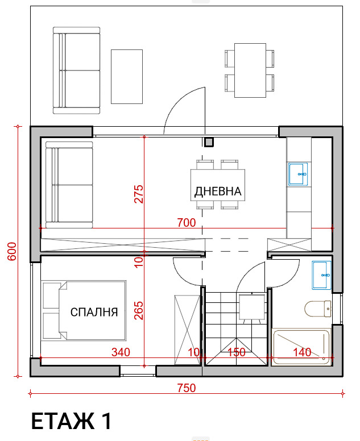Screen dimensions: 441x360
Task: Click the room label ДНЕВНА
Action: click(x=218, y=192)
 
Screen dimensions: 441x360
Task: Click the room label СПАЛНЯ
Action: click(x=94, y=311)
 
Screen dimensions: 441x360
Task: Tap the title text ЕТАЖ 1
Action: click(x=71, y=421)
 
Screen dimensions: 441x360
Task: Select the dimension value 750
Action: click(x=186, y=388)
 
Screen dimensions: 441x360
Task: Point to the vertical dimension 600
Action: click(x=11, y=251)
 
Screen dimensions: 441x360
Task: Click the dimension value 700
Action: click(x=186, y=222)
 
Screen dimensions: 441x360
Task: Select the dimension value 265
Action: click(x=139, y=310)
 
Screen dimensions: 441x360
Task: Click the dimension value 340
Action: click(x=121, y=352)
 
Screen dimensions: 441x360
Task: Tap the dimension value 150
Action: click(x=236, y=352)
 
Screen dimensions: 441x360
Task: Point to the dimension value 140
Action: click(x=302, y=352)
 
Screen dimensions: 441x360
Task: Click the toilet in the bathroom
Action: click(x=317, y=309)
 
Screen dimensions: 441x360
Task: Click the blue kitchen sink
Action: click(x=298, y=173)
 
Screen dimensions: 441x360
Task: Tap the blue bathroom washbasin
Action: click(x=321, y=275)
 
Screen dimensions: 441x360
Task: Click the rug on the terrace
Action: click(x=126, y=76)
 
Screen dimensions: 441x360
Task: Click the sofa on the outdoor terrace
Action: click(x=76, y=70)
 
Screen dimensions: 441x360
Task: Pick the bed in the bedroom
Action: click(x=84, y=311)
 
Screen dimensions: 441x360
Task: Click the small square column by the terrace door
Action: click(x=209, y=142)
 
